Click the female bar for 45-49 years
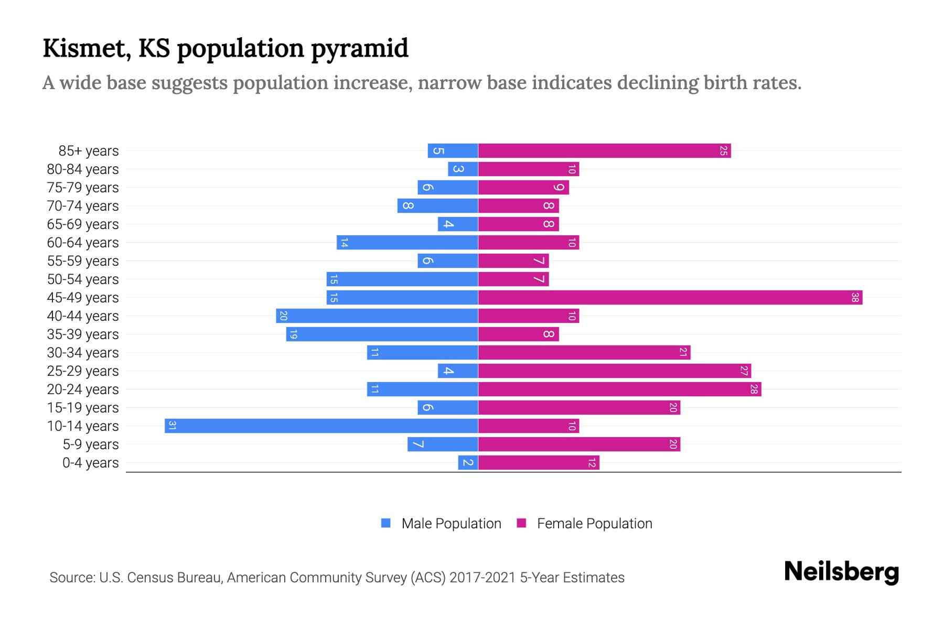[670, 298]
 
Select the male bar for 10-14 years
[321, 426]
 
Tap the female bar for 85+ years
[604, 151]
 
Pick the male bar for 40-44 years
[377, 316]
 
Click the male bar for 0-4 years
[468, 463]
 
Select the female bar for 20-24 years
[619, 389]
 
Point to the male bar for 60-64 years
[407, 243]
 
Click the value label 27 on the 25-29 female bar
[744, 371]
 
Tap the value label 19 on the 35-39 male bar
[293, 334]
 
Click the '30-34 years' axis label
[83, 353]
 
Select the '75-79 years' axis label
[83, 188]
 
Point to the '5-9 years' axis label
[90, 444]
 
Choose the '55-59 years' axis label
[83, 261]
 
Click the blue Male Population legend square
[386, 523]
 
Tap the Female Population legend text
[594, 524]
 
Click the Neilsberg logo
[841, 572]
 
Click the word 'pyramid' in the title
[360, 49]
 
